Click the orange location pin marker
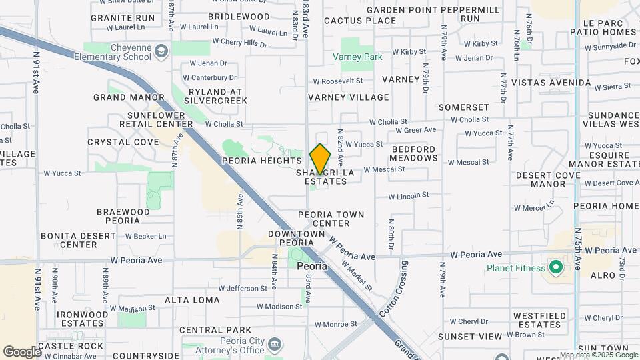point(320,159)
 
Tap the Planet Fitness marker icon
point(555,268)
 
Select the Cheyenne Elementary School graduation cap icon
point(161,51)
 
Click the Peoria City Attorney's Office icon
point(275,345)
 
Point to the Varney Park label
point(358,57)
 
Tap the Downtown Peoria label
point(296,238)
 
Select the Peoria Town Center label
point(331,219)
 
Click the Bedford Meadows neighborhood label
point(414,153)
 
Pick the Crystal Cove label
point(123,142)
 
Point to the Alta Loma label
point(192,300)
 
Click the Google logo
point(21,351)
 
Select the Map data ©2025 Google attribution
point(598,355)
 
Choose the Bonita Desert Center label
point(79,240)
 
